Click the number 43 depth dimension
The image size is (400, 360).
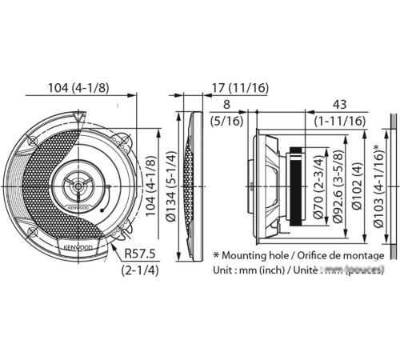click(339, 103)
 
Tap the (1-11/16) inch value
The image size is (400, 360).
click(339, 120)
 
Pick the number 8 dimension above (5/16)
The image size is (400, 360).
click(227, 103)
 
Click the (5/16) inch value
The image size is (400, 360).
click(227, 120)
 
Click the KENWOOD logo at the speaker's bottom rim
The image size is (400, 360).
click(74, 248)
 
